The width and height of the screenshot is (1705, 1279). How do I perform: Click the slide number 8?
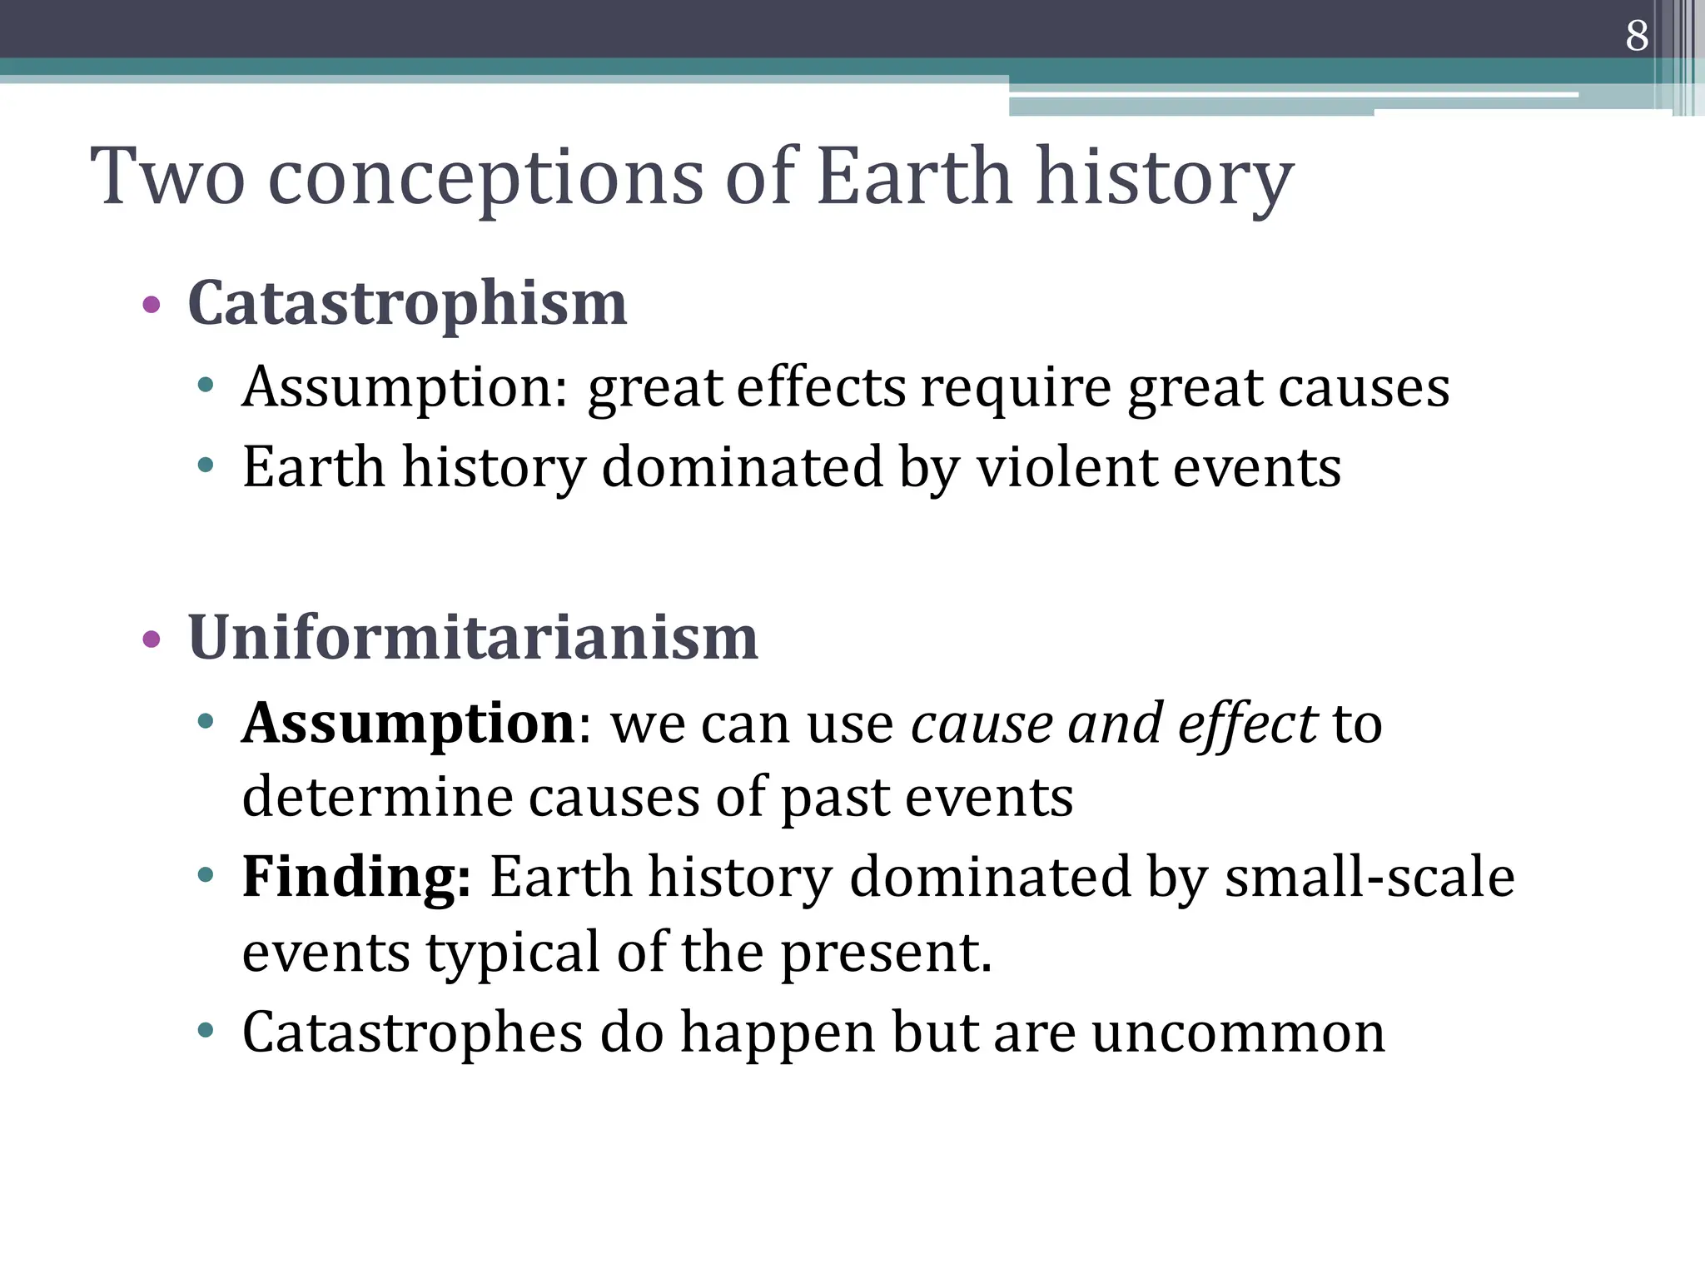point(1637,36)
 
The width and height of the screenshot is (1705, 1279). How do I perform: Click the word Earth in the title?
point(913,177)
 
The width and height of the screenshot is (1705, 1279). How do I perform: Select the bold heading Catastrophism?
point(407,304)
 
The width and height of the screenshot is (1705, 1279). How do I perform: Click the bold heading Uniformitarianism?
point(473,639)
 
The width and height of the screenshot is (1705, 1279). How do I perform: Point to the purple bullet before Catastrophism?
point(152,305)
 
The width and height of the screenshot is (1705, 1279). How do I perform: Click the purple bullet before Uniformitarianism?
point(152,639)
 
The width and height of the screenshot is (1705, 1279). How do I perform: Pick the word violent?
point(1066,467)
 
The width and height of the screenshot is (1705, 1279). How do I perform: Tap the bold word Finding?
point(356,878)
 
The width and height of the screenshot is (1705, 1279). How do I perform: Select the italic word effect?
point(1247,723)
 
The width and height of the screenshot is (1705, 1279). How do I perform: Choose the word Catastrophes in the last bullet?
point(412,1033)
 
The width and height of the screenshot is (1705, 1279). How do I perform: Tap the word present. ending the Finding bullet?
point(886,953)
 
